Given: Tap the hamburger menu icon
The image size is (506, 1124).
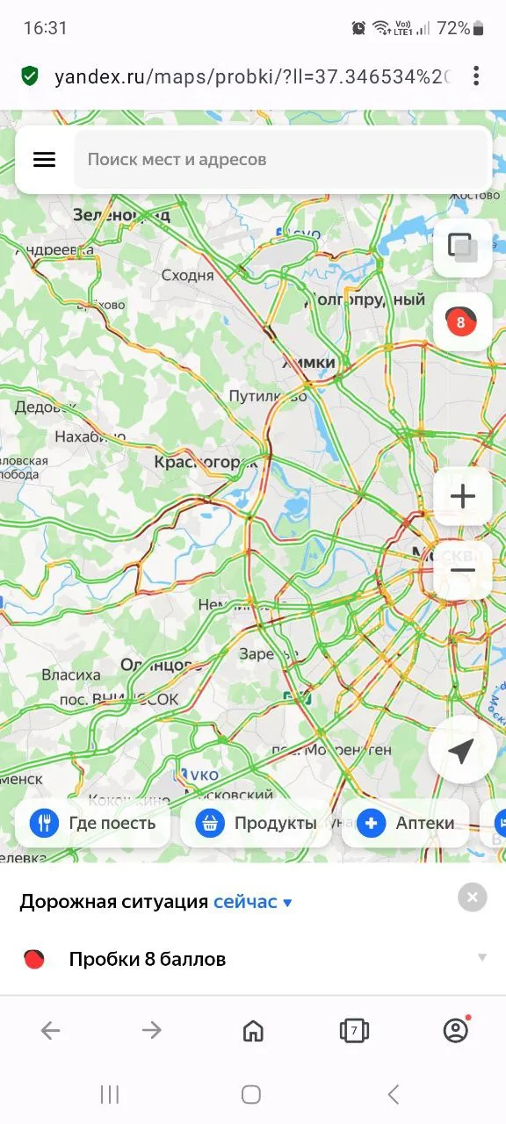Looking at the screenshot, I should [44, 159].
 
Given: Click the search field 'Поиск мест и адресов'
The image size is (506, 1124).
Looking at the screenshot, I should [281, 160].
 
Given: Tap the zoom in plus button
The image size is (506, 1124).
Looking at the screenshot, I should [462, 496].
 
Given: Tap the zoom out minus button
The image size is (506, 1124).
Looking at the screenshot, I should [462, 570].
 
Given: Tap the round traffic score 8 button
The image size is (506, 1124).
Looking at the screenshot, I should [462, 321].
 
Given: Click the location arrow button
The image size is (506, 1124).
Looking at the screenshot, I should [462, 750].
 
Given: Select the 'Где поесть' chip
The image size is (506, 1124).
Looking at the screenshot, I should [93, 823].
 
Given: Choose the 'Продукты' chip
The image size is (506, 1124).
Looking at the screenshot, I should [257, 823].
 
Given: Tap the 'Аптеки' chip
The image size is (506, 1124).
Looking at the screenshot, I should [406, 823].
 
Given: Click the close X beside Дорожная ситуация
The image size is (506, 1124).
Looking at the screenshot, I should [473, 897].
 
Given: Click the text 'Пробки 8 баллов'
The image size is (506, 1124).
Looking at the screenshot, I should [148, 959].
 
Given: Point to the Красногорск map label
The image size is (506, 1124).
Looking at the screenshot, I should [206, 461].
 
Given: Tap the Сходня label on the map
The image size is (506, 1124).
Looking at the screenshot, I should [188, 275].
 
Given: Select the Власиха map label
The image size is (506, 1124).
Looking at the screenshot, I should [71, 674].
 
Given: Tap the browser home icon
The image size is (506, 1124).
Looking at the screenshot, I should [253, 1030].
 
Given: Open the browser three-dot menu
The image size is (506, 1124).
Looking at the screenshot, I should [476, 76].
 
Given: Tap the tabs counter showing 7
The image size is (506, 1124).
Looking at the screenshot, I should [354, 1030].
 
